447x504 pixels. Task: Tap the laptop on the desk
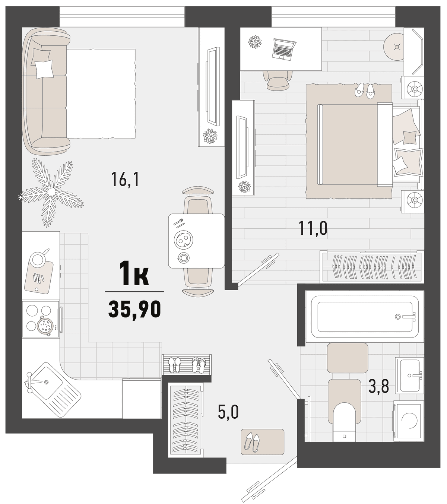(x=284, y=48)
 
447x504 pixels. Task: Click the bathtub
(x=365, y=317)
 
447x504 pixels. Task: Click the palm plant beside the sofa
(x=51, y=191)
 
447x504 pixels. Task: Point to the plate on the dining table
(x=184, y=240)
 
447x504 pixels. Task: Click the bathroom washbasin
(x=409, y=375)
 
